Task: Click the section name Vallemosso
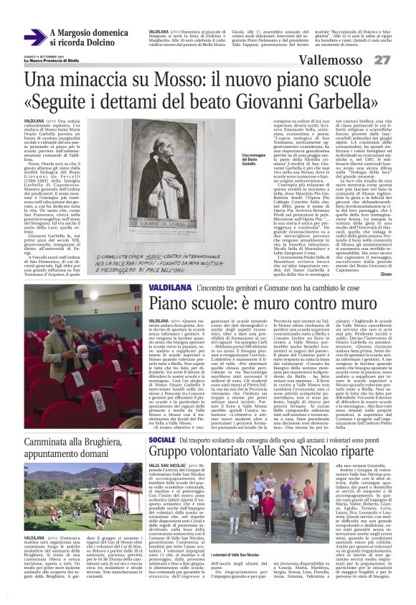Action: click(338, 59)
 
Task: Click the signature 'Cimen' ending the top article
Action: click(385, 274)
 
